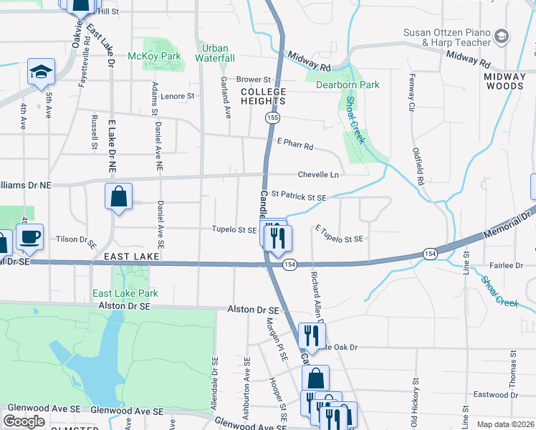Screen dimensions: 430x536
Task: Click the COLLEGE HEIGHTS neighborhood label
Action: (x=263, y=97)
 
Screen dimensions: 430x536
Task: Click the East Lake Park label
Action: (x=125, y=293)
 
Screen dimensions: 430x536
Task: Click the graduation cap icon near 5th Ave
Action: (x=42, y=72)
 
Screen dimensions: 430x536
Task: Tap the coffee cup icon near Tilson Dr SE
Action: (x=29, y=236)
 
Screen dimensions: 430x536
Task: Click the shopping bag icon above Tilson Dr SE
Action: (x=118, y=196)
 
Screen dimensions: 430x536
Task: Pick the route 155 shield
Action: (x=272, y=117)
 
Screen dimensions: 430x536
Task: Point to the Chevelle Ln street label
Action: (x=318, y=175)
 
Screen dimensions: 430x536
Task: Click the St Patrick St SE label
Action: (x=299, y=197)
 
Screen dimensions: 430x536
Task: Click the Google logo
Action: (x=24, y=421)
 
